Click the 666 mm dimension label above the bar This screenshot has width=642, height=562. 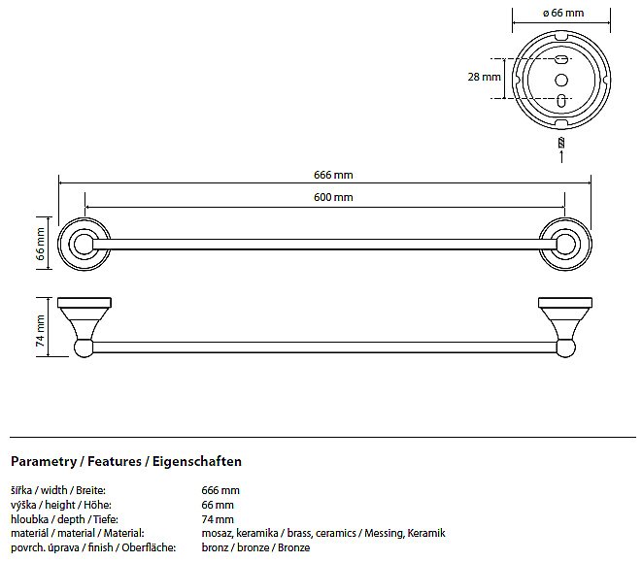tap(333, 175)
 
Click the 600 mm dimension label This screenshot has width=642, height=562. tap(333, 197)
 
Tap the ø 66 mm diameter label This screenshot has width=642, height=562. tap(563, 13)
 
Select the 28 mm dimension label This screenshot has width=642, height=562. tap(484, 77)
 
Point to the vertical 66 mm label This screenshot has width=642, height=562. tap(41, 244)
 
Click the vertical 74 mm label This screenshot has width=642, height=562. tap(41, 331)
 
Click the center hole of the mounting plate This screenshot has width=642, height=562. tap(561, 80)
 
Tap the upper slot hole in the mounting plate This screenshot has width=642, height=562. tap(561, 60)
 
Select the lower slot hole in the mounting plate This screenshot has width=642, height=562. tap(562, 100)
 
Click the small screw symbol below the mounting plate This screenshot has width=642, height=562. tap(561, 144)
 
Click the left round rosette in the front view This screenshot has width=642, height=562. tap(84, 244)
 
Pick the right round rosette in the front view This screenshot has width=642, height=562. tap(565, 244)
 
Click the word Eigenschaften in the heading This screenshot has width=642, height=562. tap(197, 461)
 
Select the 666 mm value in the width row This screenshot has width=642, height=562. tap(220, 490)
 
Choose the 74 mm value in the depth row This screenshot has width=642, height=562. tap(218, 519)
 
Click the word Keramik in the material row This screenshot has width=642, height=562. tap(426, 533)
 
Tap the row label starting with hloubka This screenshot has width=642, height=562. tap(64, 519)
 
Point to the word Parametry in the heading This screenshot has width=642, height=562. tap(44, 462)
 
